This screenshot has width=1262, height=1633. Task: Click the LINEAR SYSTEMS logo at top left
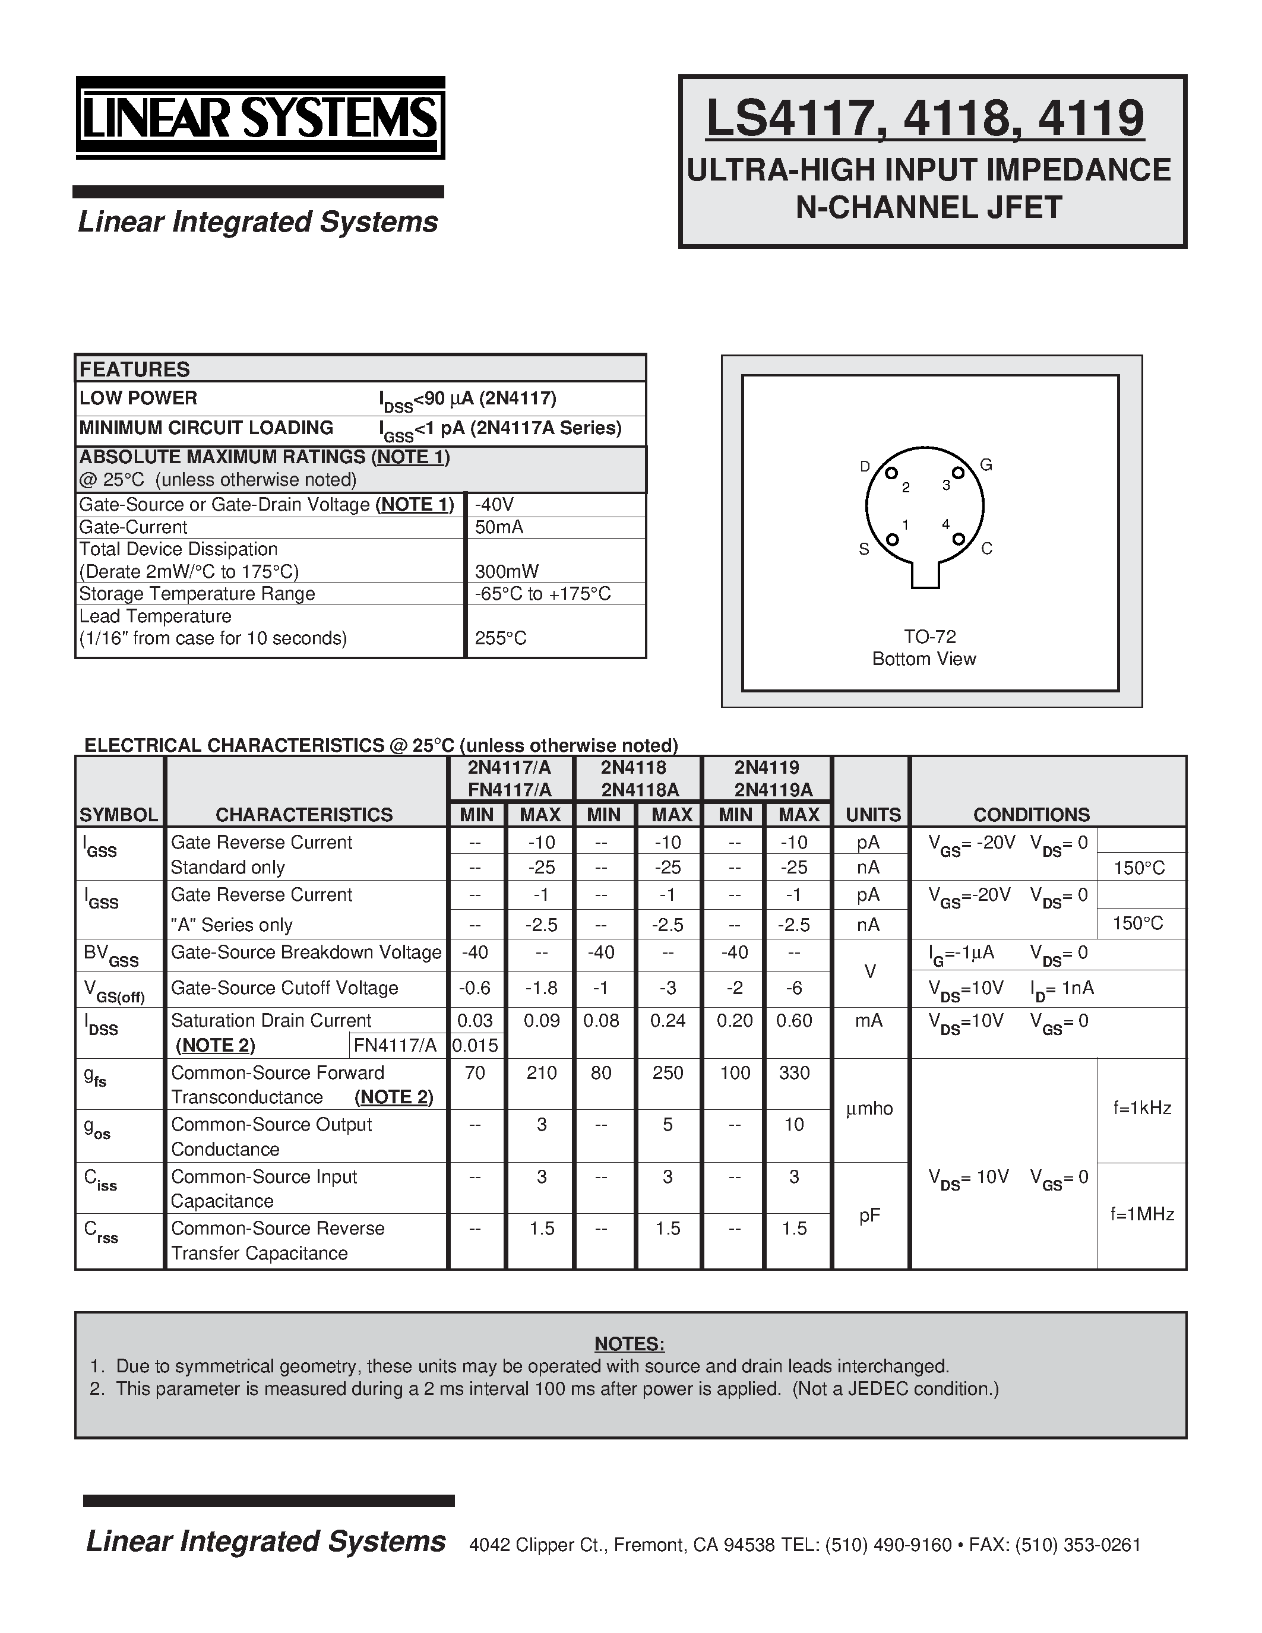(260, 118)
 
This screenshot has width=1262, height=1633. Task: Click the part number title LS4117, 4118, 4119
(925, 119)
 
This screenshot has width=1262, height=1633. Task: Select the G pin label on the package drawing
(985, 465)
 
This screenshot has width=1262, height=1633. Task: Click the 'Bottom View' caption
(924, 659)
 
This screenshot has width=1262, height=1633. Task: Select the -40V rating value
(494, 505)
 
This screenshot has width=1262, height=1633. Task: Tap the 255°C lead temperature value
(500, 638)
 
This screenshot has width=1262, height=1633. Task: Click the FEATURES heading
(135, 369)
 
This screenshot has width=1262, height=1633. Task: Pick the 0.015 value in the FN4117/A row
(476, 1045)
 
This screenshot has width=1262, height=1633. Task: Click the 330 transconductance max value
(794, 1073)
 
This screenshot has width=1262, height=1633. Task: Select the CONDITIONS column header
(1031, 814)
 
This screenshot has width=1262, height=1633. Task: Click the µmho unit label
(869, 1109)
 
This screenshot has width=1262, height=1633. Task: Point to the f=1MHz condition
(1141, 1214)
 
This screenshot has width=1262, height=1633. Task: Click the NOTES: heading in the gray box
(630, 1344)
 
